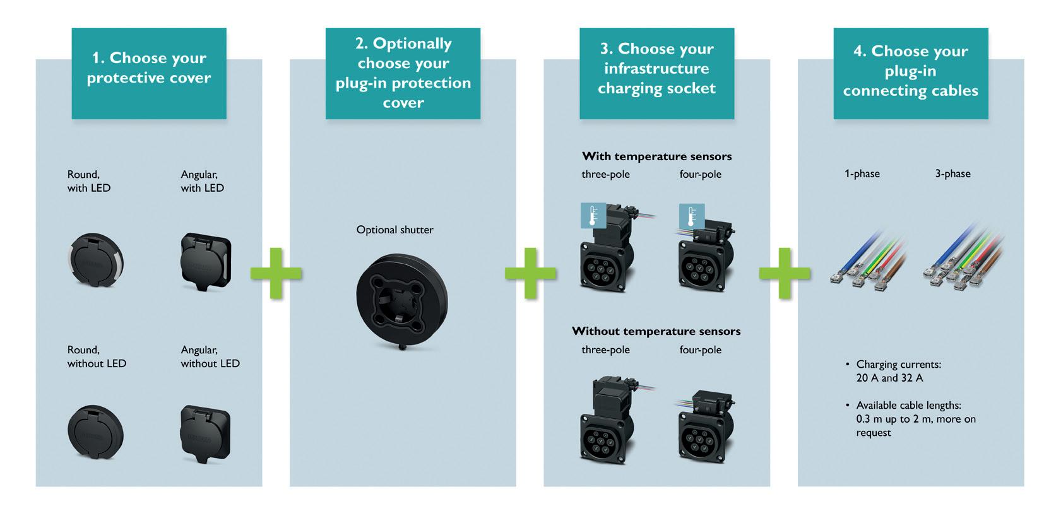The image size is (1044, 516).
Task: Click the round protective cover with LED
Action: [95, 261]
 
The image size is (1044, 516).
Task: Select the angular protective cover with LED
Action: [205, 261]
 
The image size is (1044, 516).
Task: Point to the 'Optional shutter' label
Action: [394, 230]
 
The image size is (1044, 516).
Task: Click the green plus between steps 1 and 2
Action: [276, 273]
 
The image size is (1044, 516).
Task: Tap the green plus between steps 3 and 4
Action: [785, 273]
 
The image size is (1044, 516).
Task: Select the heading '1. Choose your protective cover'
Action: [149, 68]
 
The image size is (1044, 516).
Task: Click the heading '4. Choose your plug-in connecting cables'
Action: [910, 71]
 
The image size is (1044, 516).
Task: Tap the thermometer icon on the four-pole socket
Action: [692, 215]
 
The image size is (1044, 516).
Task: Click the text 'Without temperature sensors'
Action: [656, 331]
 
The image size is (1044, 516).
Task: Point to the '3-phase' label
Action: [952, 173]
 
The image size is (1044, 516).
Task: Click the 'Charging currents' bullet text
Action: [898, 371]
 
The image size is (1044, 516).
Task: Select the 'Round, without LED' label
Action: [97, 356]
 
